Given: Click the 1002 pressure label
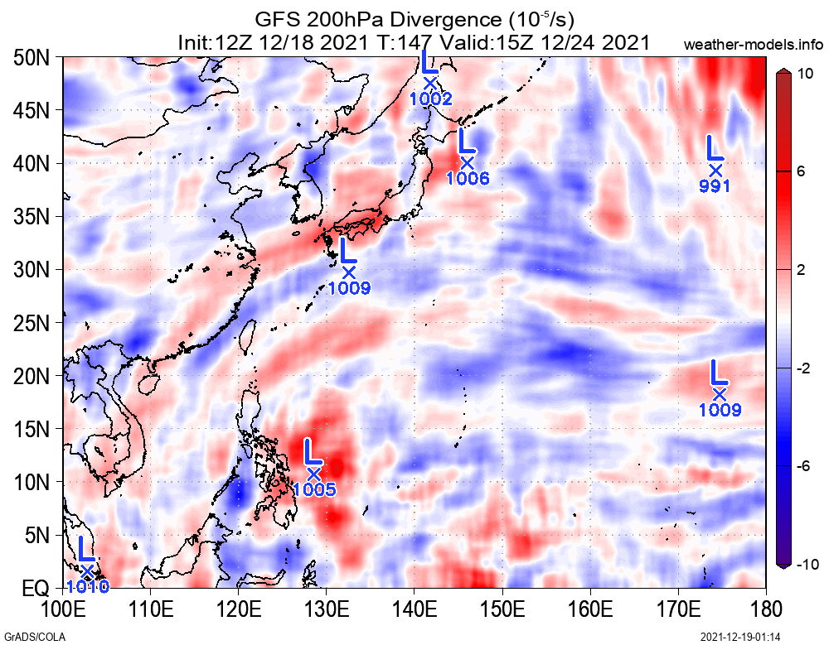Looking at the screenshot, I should (x=430, y=99).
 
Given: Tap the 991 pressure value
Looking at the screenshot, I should (x=715, y=186).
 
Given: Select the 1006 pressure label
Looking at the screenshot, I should (x=468, y=178).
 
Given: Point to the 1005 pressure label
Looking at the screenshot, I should (x=313, y=489).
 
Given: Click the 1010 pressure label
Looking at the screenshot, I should (x=87, y=587).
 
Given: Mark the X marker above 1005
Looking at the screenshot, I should (x=314, y=474).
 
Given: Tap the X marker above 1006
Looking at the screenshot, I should (x=467, y=163).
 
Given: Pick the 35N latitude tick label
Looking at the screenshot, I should (x=31, y=217).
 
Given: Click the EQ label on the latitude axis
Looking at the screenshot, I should (x=35, y=589).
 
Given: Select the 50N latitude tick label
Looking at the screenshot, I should (x=31, y=57).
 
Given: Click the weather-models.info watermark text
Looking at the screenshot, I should (x=754, y=44).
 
